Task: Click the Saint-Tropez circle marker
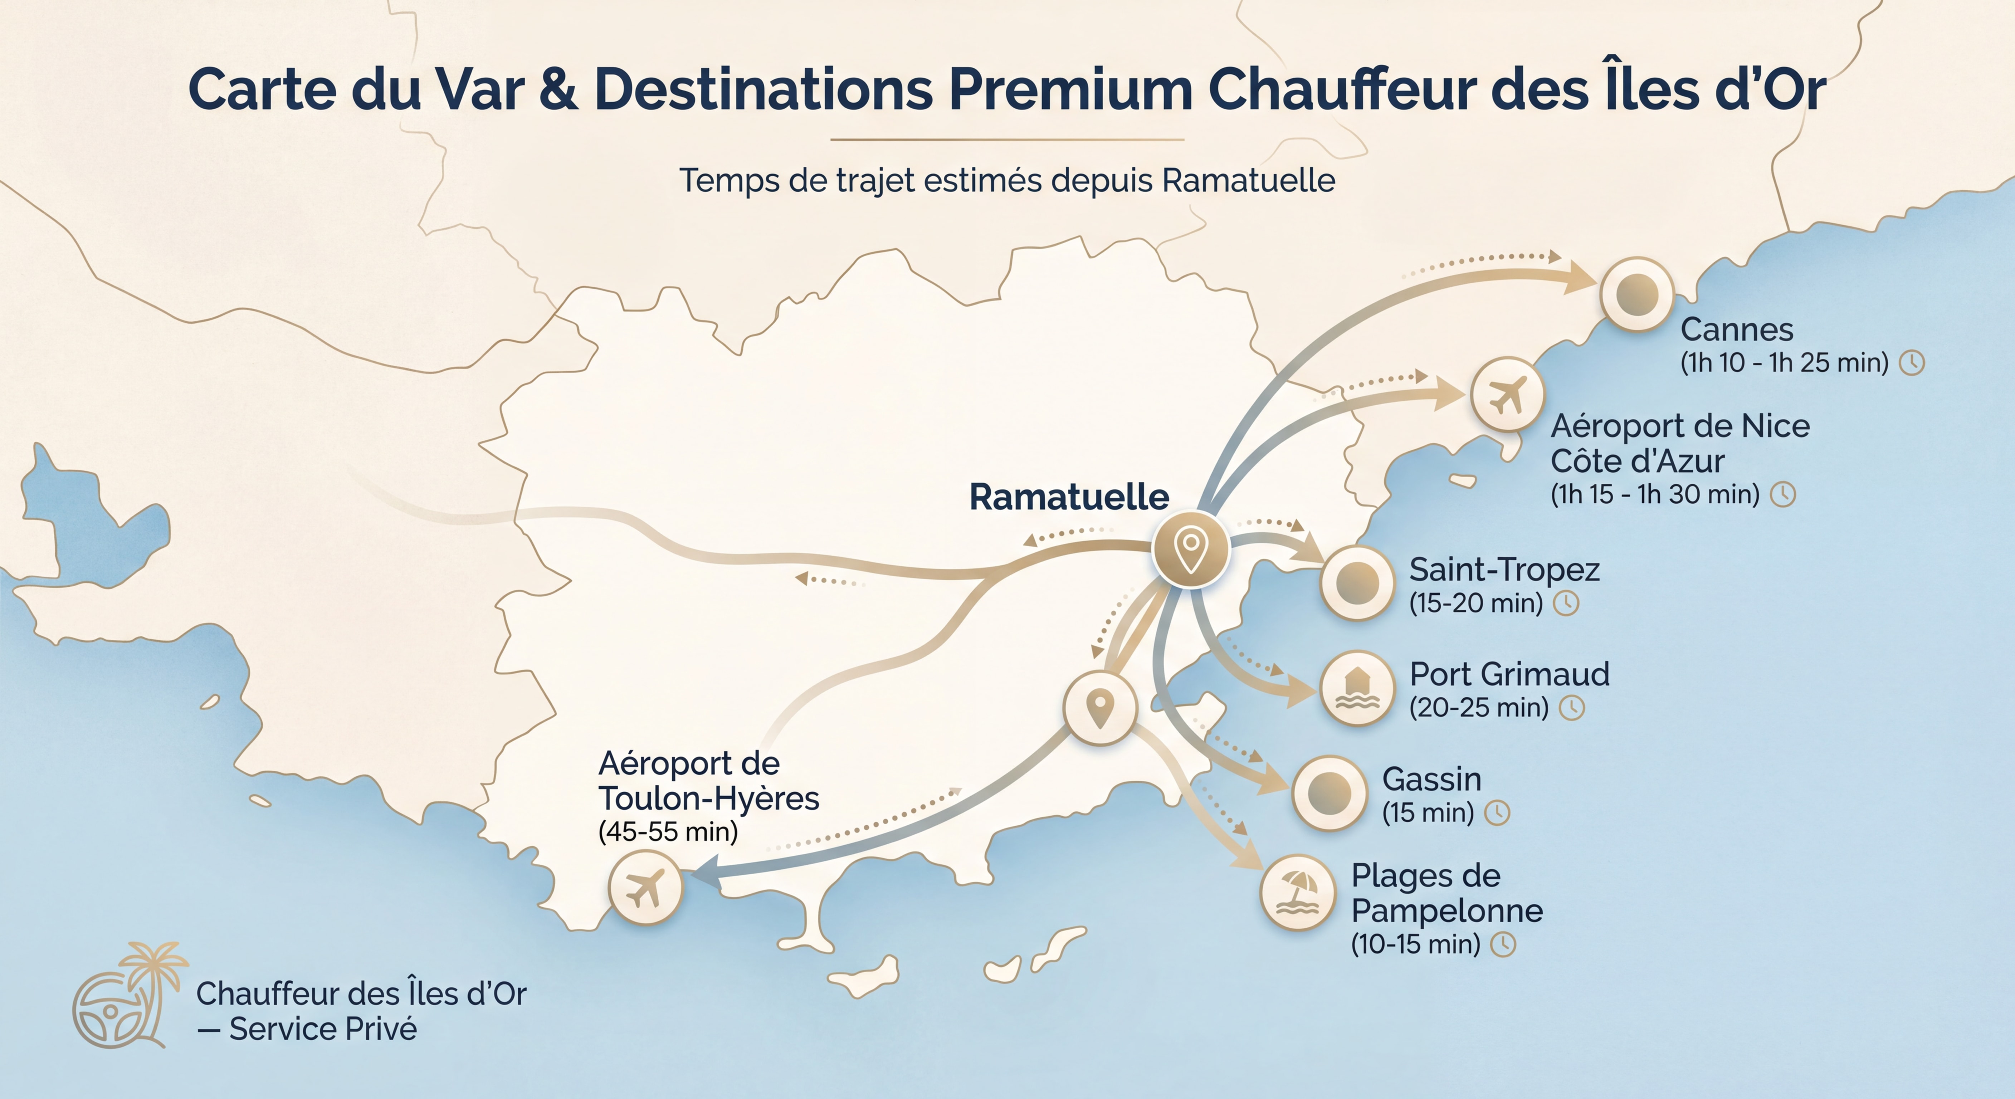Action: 1357,583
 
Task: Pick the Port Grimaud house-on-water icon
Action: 1357,688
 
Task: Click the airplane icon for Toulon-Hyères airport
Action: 645,888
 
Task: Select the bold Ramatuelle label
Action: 1069,498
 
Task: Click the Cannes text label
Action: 1737,329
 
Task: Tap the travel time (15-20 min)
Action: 1475,603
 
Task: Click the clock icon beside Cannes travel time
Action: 1913,363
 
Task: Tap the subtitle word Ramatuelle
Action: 1248,181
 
